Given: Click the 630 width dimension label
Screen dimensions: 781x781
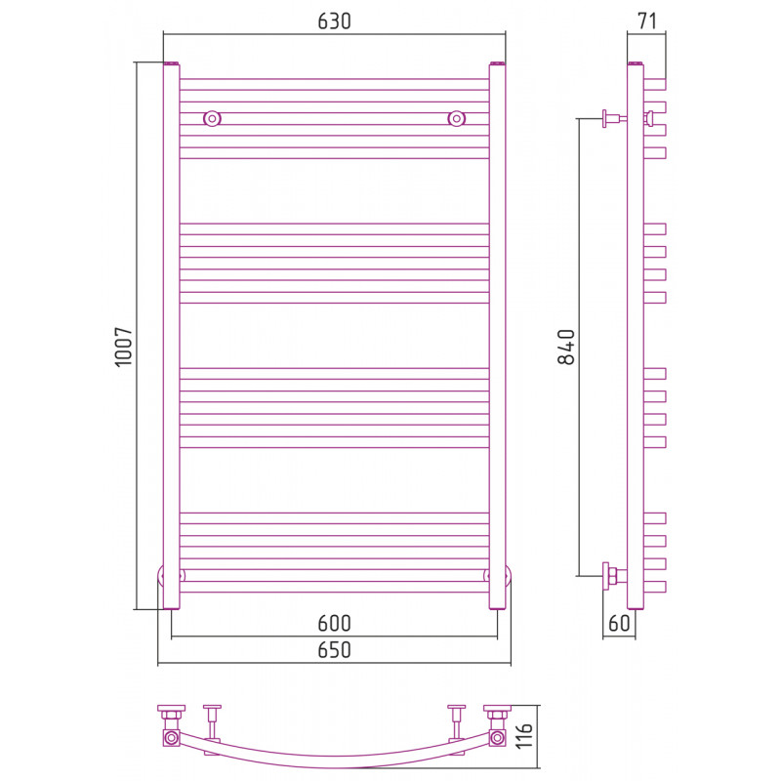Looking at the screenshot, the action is (x=334, y=21).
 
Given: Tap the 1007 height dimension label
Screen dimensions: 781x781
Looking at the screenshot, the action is (x=124, y=347).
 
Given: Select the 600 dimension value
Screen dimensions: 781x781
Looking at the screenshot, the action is (x=334, y=623).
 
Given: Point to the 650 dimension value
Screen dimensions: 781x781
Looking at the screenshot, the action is (x=334, y=650).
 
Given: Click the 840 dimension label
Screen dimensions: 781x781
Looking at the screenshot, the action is (x=566, y=347).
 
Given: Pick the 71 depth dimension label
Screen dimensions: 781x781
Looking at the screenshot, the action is (x=646, y=21).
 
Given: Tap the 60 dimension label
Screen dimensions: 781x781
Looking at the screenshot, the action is (x=619, y=623).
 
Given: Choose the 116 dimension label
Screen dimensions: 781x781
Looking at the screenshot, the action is (x=524, y=736).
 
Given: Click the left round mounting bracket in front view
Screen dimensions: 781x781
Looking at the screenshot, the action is (x=212, y=118).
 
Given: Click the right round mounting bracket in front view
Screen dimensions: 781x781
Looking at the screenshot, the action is (x=456, y=118).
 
